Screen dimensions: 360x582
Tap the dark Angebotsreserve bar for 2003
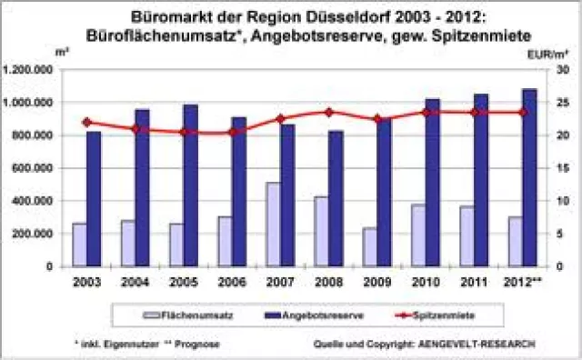click(x=94, y=199)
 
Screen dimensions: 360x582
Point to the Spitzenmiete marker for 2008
click(x=329, y=113)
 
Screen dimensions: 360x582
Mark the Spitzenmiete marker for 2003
click(x=86, y=122)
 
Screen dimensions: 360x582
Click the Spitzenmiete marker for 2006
click(x=232, y=132)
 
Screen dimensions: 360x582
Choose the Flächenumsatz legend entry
click(x=181, y=314)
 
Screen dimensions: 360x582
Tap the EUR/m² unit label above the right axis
click(x=543, y=54)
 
